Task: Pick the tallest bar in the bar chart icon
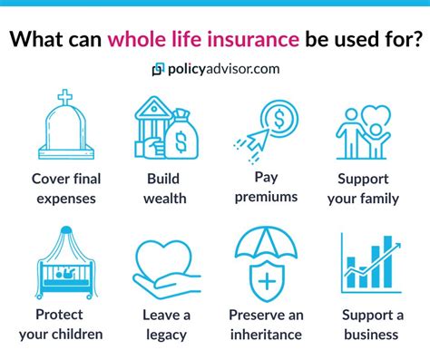click(387, 264)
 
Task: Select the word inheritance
click(267, 335)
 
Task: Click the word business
click(370, 335)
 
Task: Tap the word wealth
click(164, 198)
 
